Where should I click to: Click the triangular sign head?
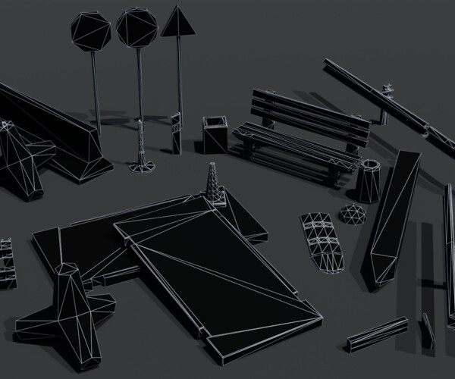(178, 23)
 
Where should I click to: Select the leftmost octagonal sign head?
(91, 31)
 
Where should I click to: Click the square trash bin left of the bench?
(215, 135)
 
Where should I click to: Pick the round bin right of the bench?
(369, 181)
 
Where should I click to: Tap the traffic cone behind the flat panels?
(215, 184)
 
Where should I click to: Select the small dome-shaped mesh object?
(352, 215)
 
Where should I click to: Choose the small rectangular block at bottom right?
(377, 334)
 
